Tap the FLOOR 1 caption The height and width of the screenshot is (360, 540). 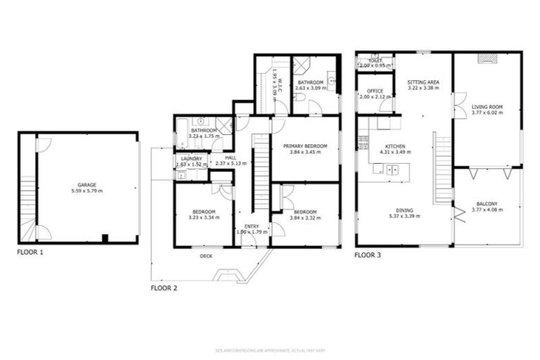tap(31, 251)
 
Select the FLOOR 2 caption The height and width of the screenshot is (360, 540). tap(165, 288)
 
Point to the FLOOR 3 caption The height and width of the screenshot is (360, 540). tap(368, 255)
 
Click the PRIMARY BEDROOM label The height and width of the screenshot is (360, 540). tap(305, 146)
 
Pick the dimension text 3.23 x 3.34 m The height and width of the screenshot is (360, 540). tap(204, 218)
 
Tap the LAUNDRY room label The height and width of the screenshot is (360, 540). tap(191, 158)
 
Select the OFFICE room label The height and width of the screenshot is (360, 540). tap(375, 91)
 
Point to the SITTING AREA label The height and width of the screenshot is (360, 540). tap(423, 82)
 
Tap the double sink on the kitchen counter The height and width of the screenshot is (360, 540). tap(391, 169)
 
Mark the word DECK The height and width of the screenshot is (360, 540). tap(206, 257)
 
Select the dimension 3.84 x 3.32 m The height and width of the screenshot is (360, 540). tap(305, 218)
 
